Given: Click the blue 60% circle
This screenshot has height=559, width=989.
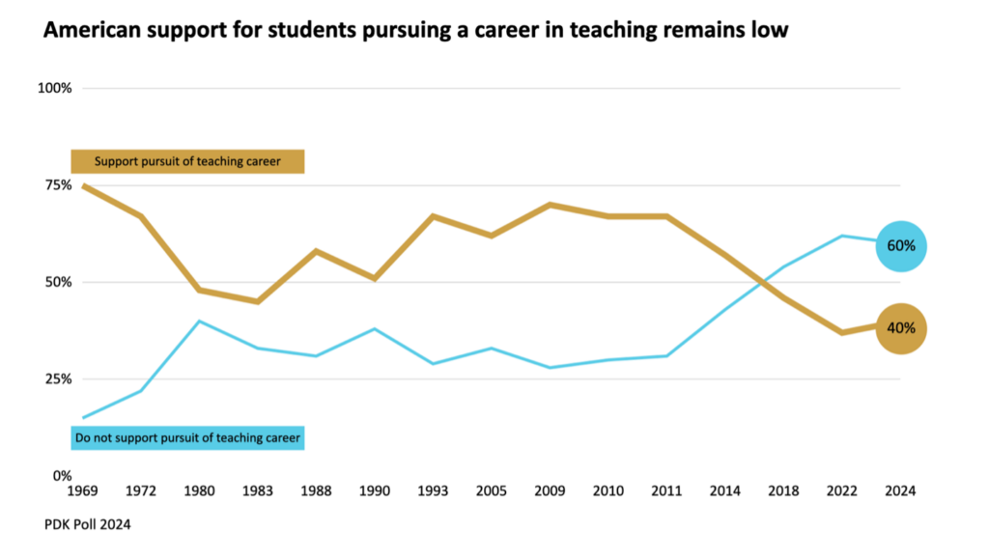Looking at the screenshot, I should coord(901,245).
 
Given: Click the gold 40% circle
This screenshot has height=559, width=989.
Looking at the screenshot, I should coord(901,328).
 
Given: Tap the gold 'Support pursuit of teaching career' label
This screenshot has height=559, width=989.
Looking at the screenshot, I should coord(187,161).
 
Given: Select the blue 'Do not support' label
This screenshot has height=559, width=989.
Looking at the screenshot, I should coord(187,438).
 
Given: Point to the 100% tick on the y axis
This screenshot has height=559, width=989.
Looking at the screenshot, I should coord(55,89).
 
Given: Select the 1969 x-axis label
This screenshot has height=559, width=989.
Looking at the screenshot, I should coord(83,490).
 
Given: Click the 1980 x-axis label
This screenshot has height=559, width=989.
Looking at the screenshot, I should coord(199,490).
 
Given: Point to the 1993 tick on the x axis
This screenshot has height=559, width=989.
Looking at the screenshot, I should coord(433,490).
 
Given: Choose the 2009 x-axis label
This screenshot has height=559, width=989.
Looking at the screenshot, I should coord(550,490).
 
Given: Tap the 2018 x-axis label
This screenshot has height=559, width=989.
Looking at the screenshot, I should coord(783,490).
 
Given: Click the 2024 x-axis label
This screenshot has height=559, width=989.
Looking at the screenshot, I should coord(900,490).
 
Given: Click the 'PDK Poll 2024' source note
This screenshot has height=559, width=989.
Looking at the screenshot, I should coord(87,524).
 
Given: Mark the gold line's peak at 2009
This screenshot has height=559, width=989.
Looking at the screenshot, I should coord(550,205).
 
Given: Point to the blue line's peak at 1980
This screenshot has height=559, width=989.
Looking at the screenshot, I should coord(199,321).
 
